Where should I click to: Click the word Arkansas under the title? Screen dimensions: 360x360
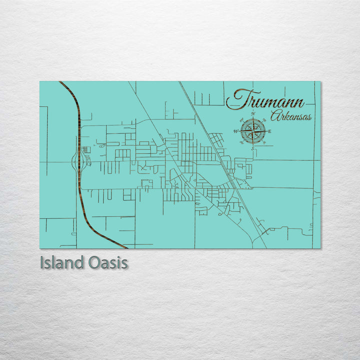290,117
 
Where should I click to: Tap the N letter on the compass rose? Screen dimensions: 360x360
253,114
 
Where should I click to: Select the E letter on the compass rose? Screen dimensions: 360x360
270,131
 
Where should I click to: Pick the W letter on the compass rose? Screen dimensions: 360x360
235,131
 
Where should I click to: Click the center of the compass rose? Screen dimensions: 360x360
253,131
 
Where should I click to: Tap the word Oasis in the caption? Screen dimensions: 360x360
108,262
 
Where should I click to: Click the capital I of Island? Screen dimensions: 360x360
42,262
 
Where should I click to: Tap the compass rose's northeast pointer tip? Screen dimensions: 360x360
262,122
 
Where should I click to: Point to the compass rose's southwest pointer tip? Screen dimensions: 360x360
244,140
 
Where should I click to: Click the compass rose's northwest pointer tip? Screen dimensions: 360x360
244,122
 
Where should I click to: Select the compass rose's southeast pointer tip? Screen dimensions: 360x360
262,140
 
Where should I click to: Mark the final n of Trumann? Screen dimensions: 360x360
298,103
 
